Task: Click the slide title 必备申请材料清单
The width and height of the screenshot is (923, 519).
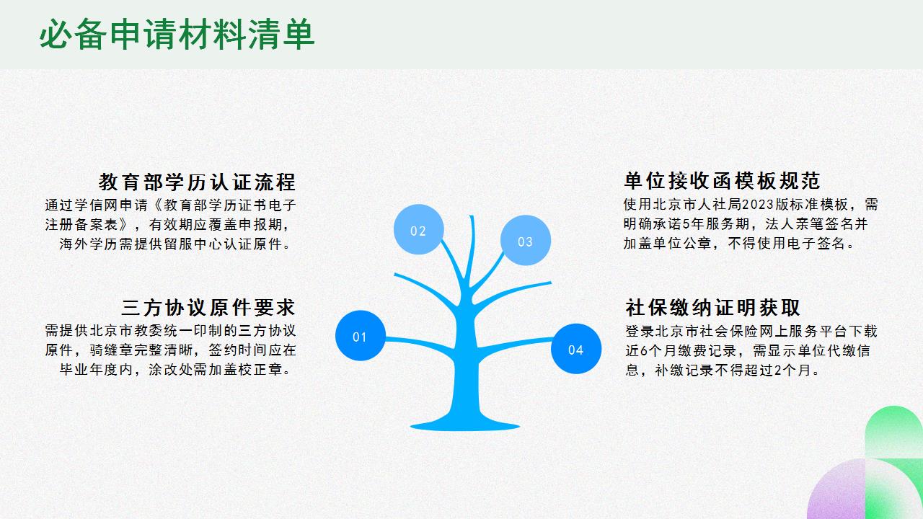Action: [177, 35]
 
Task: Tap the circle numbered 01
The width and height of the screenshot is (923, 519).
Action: [360, 336]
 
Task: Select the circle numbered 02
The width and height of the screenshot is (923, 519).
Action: [418, 231]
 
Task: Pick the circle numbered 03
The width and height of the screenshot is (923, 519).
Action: [525, 241]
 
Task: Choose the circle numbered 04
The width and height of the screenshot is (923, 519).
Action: [575, 350]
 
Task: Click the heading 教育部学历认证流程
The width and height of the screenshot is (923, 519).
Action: [197, 181]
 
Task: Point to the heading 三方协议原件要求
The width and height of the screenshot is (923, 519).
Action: [208, 308]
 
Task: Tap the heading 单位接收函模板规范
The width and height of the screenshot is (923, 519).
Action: [722, 180]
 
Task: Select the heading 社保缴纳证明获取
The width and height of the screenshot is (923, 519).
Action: [712, 308]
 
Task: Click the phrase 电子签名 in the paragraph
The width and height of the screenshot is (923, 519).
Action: [815, 244]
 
